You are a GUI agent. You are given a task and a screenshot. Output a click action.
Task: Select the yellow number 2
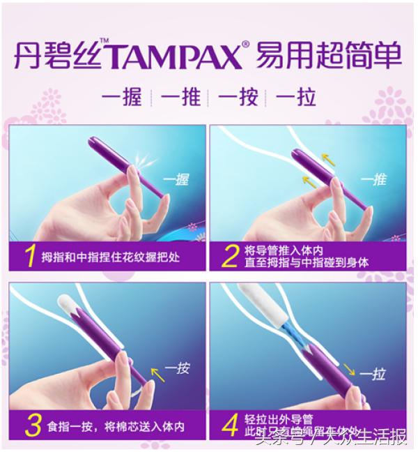(x=229, y=256)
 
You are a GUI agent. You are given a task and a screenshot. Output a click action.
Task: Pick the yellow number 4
(x=229, y=425)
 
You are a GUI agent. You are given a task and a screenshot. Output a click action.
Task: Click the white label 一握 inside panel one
(x=175, y=181)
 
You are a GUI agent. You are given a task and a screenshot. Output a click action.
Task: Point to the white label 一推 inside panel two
(x=376, y=179)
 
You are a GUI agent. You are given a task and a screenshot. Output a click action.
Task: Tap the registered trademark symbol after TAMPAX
(x=244, y=43)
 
